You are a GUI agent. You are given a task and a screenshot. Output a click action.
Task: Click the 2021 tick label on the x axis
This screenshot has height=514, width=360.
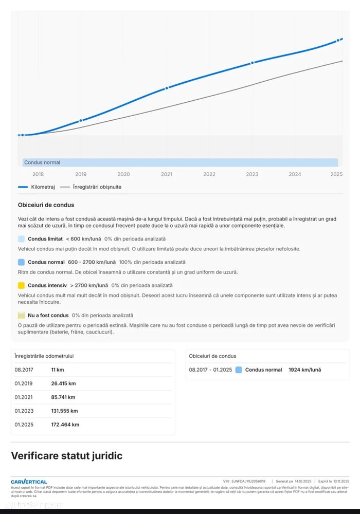[x=167, y=174]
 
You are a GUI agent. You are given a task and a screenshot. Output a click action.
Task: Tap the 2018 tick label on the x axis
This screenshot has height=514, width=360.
[x=38, y=174]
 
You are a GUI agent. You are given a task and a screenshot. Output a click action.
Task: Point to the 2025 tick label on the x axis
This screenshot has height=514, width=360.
[x=336, y=174]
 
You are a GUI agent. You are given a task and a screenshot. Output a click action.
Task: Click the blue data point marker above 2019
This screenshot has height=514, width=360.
[x=81, y=120]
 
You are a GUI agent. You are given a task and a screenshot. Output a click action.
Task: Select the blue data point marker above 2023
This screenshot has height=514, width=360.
[x=253, y=63]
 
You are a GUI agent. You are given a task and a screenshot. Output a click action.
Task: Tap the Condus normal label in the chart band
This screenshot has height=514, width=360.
[x=42, y=162]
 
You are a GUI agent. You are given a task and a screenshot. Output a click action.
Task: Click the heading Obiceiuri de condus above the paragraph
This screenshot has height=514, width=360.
[x=46, y=205]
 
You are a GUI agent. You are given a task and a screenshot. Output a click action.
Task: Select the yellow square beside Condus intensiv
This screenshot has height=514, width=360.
[x=21, y=285]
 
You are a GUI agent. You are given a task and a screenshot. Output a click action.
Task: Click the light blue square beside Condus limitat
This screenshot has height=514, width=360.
[x=21, y=239]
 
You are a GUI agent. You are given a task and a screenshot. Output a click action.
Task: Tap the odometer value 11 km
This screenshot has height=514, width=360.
[x=58, y=370]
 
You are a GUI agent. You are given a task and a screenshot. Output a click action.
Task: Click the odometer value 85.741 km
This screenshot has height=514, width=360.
[x=63, y=397]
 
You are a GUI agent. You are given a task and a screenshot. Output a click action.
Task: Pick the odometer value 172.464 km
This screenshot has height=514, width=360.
[x=65, y=425]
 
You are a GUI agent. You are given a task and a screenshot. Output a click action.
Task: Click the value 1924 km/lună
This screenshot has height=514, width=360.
[x=304, y=370]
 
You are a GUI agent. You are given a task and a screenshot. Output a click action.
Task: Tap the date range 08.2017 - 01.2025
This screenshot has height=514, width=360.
[x=210, y=370]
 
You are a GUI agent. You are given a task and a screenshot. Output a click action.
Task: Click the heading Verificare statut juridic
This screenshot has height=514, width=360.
[x=67, y=456]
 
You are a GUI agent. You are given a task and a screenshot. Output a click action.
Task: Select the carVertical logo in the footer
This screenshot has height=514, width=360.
[x=29, y=482]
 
